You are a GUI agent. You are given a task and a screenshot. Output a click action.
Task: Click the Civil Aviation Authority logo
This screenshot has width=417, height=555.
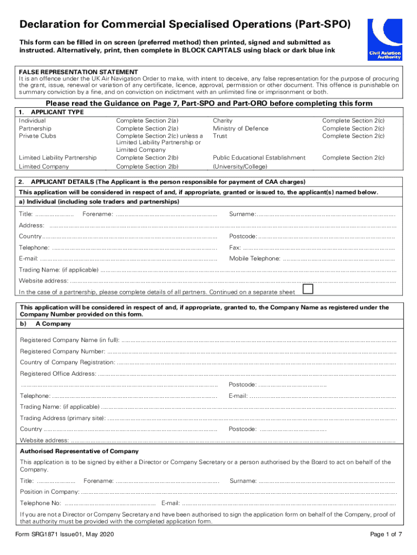(x=385, y=40)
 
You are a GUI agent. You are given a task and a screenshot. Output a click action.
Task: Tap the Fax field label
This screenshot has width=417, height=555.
(x=234, y=248)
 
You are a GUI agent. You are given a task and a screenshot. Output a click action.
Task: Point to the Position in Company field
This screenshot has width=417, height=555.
(x=238, y=492)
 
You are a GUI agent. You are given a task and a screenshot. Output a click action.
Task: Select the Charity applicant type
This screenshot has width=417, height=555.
(x=223, y=121)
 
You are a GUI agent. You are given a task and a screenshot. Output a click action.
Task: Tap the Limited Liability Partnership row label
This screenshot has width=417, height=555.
(x=57, y=158)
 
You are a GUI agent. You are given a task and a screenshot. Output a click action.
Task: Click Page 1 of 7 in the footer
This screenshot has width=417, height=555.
(x=386, y=535)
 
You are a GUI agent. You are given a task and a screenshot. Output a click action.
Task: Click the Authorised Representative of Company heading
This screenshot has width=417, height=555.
(x=79, y=451)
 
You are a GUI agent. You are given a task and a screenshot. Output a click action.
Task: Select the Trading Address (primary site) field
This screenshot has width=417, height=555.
(x=252, y=418)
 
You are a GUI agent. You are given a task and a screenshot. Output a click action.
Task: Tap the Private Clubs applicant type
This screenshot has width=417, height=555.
(x=37, y=136)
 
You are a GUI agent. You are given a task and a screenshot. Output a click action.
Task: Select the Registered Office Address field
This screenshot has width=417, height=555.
(x=247, y=373)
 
